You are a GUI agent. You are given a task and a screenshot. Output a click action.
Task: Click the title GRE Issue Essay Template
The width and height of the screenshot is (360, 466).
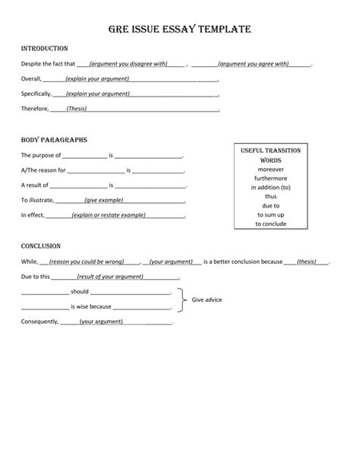coord(180,30)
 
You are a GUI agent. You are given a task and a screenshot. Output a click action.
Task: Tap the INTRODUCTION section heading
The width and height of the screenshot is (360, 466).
coord(45,49)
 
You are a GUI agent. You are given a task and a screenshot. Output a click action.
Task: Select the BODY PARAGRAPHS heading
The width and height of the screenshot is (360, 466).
coord(54,141)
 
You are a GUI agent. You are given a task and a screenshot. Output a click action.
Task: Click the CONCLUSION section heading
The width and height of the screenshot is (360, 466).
coord(41,246)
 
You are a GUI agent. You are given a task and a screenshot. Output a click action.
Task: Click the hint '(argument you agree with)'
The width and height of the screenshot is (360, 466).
coord(253,64)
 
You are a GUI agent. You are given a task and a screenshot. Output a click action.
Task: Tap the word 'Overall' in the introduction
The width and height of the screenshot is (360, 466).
coord(30,79)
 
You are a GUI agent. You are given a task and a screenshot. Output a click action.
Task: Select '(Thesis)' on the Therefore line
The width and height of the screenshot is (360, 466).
coord(76,109)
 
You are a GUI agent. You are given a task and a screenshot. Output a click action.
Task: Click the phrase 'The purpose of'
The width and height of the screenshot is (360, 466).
coord(41,155)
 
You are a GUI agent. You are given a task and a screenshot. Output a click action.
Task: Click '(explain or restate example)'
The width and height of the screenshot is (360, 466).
coord(108,215)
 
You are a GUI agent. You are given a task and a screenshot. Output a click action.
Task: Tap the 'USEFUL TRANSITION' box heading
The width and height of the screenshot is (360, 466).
coord(270,151)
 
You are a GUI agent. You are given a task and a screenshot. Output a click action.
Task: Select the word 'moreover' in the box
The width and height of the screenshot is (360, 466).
coord(270,170)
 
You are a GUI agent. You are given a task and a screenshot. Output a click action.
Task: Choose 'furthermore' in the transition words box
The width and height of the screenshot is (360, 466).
coord(270,178)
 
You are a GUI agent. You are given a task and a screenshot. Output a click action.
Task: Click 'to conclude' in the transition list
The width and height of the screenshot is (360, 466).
coord(270,223)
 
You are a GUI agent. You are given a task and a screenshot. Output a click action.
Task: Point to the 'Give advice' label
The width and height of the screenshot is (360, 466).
coord(206,300)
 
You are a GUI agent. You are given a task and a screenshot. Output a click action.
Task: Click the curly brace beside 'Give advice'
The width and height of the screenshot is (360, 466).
coord(182,300)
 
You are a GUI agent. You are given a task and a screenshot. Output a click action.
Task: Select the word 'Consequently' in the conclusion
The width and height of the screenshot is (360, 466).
coord(39,322)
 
